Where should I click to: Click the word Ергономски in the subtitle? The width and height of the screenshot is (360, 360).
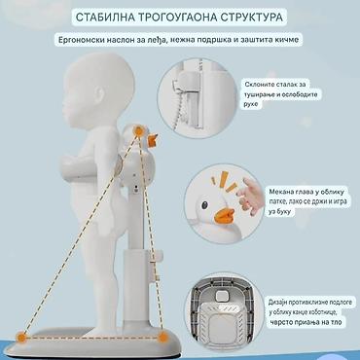[78, 40]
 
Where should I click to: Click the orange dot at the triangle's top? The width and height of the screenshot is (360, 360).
[139, 131]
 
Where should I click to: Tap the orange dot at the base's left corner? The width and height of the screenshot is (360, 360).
[21, 338]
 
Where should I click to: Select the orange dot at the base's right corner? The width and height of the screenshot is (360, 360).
[163, 338]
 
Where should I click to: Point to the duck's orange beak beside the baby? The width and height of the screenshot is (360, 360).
[152, 139]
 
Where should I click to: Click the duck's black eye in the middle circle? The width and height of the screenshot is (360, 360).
[205, 205]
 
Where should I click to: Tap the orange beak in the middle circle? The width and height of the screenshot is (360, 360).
[225, 216]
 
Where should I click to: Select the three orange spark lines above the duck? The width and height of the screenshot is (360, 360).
[225, 182]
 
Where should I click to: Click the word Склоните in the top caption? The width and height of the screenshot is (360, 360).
[259, 85]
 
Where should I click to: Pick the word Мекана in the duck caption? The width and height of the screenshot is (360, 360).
[279, 192]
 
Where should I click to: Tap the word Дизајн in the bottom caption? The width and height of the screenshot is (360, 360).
[276, 303]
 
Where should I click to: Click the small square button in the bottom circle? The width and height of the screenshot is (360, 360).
[222, 296]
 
